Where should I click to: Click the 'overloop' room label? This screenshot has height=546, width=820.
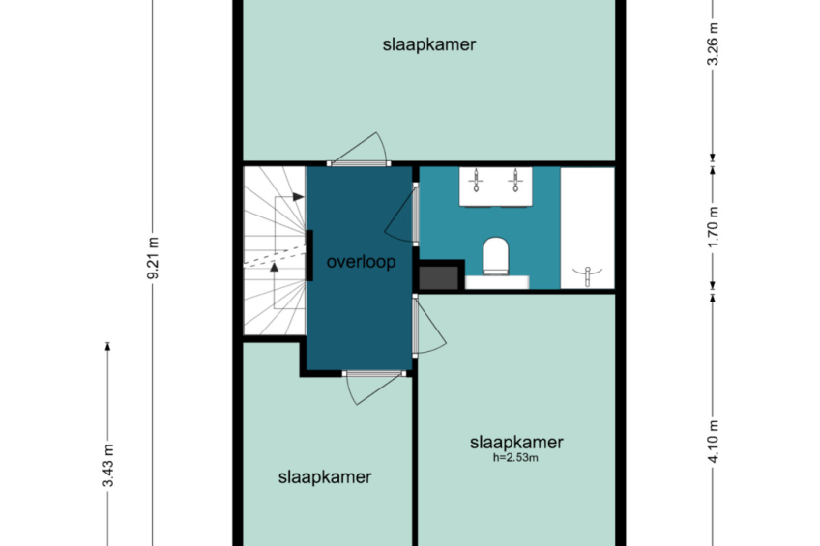[x=361, y=261]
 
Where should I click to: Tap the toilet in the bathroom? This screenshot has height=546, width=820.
[x=496, y=256]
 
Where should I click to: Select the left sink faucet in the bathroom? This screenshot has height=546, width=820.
[x=476, y=181]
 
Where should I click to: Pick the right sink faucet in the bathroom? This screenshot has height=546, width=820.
[x=515, y=181]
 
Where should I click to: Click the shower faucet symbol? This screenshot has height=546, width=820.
[x=588, y=275]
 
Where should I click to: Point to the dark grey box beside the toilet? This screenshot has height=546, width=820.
[x=439, y=277]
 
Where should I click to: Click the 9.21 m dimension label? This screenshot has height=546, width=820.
[x=153, y=258]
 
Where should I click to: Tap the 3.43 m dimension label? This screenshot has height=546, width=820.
[x=108, y=466]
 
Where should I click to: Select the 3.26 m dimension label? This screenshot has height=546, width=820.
[x=713, y=43]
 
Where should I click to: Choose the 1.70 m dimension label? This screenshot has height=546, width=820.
[x=713, y=228]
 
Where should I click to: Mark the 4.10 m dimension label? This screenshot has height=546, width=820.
[x=713, y=442]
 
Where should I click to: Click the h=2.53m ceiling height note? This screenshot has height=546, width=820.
[x=515, y=458]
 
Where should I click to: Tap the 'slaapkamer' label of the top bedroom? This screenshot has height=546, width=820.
[x=428, y=44]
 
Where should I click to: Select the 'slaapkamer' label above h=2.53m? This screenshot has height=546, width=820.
[x=516, y=442]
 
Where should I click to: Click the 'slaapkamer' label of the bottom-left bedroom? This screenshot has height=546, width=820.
[x=325, y=476]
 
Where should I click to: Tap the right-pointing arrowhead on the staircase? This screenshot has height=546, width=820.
[x=298, y=197]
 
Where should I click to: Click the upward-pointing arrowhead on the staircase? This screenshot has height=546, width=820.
[x=274, y=267]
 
